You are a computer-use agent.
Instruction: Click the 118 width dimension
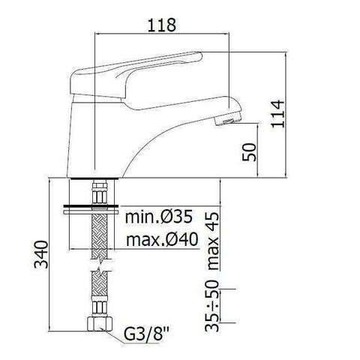pos(157,25)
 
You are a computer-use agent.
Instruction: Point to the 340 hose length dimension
pos(43,257)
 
